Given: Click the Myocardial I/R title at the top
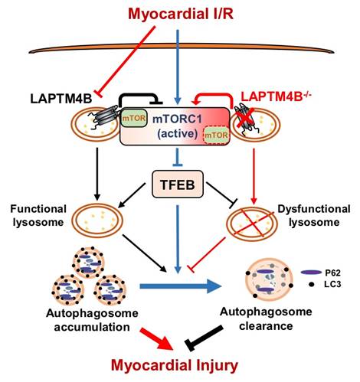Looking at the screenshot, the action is click(181, 14).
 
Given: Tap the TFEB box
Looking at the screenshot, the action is click(178, 184).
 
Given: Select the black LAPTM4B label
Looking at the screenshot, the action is click(61, 99).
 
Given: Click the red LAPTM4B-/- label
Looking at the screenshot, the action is click(277, 96).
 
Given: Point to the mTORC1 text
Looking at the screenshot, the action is click(177, 119).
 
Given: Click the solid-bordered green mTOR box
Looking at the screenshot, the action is click(134, 118).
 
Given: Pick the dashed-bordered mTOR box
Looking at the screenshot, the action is click(216, 135).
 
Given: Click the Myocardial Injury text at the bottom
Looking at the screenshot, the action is click(175, 366).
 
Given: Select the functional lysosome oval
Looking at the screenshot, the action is click(97, 220).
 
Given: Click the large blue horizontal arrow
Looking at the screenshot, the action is click(181, 286).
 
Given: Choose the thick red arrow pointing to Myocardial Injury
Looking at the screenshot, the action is click(155, 339).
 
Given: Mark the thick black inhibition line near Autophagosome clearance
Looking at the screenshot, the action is click(205, 338).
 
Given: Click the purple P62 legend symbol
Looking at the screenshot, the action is click(311, 273).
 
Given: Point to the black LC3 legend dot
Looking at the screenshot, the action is click(311, 284).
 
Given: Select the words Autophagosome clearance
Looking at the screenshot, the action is click(266, 318).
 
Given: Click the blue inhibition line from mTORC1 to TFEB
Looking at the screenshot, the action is click(178, 157).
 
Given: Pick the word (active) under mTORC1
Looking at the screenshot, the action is click(178, 134).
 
